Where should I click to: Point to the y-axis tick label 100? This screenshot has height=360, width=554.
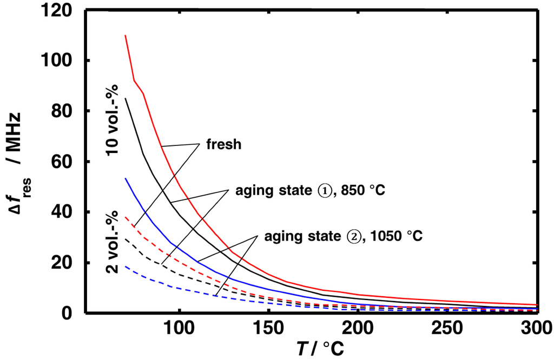(60, 61)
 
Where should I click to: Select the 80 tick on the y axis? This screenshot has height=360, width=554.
(65, 111)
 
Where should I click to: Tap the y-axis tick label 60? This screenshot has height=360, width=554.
(65, 162)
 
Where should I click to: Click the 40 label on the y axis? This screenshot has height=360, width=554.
(65, 212)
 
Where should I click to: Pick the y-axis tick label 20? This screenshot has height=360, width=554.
(65, 263)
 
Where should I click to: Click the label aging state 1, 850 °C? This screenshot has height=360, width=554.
(307, 191)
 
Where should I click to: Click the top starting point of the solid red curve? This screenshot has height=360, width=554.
(126, 36)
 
